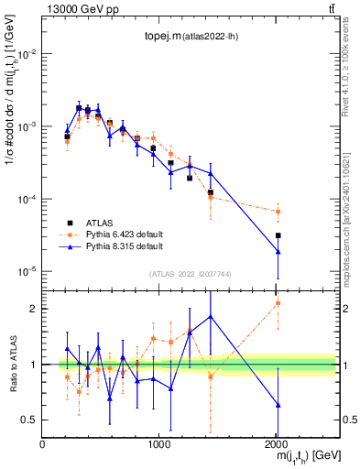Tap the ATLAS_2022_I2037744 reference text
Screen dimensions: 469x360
[x=189, y=274]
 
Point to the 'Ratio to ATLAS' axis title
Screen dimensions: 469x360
[x=12, y=364]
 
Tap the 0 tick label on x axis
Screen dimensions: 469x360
[x=42, y=443]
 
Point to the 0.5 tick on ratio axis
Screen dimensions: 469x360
[x=29, y=420]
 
